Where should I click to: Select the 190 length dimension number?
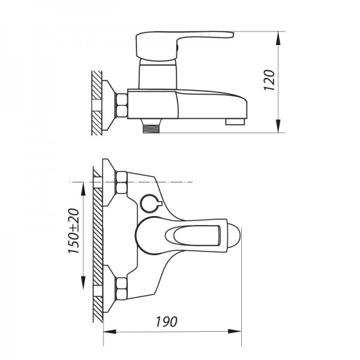click(169, 322)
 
